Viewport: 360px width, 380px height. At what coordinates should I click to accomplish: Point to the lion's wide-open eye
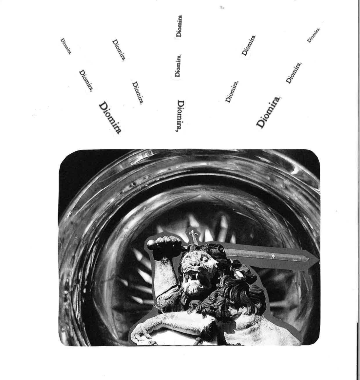(x=204, y=258)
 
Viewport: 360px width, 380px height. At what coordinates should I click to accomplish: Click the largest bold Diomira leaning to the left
(x=110, y=118)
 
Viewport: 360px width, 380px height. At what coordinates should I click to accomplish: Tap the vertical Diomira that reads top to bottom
(x=180, y=116)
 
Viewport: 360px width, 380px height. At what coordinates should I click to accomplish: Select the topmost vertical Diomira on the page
(x=179, y=26)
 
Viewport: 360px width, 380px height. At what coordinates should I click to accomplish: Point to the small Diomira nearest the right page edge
(x=313, y=35)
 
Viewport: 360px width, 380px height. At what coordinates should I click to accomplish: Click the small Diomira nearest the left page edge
(x=66, y=46)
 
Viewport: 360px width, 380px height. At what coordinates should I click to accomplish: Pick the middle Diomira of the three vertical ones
(x=178, y=66)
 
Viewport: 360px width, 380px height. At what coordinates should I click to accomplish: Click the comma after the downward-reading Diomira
(x=177, y=130)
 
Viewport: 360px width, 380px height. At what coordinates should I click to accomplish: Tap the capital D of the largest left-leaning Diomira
(x=103, y=106)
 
